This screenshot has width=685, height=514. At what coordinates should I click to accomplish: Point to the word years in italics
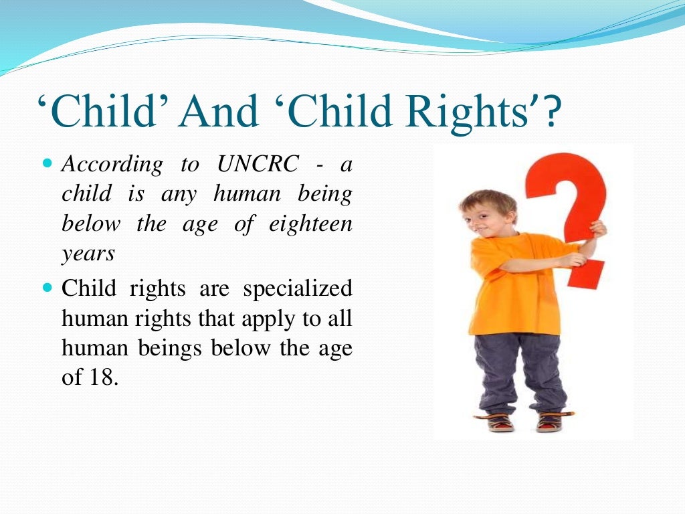coord(88,254)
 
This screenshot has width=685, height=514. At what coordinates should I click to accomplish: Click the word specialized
coord(298,289)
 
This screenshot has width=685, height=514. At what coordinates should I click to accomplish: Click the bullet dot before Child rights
coord(46,289)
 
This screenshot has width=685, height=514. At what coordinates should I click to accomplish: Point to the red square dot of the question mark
coord(589,274)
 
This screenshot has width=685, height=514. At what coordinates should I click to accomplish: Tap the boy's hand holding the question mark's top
coord(597,230)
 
